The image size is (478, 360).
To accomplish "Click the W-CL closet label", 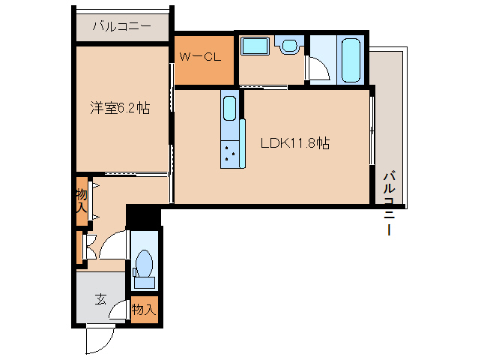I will click(199, 56).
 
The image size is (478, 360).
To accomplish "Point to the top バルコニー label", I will click(121, 27).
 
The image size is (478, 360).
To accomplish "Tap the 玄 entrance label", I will click(100, 298).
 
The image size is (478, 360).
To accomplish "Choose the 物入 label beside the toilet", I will click(143, 308).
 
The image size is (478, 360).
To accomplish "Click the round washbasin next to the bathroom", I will click(288, 46).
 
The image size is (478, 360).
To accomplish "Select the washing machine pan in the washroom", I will click(255, 46).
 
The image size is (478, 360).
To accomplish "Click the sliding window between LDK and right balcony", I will click(372, 135).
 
